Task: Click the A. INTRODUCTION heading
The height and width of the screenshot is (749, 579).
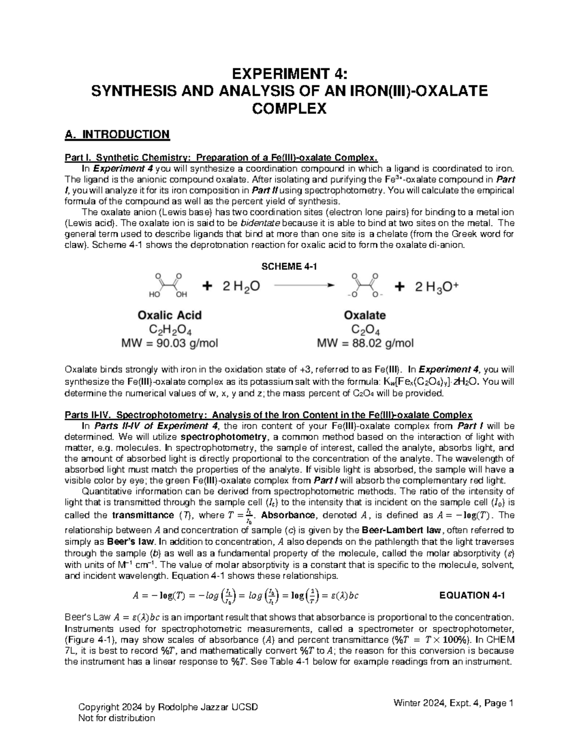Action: [x=117, y=134]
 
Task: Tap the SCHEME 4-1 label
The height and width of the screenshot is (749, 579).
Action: [x=289, y=267]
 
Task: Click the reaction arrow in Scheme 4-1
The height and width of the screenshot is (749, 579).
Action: [x=303, y=286]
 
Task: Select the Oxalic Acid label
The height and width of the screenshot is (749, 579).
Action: [x=169, y=315]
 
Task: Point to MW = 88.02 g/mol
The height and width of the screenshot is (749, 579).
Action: [x=365, y=344]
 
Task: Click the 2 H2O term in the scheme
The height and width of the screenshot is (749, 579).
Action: [x=240, y=286]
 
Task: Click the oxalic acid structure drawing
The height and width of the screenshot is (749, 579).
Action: [x=168, y=285]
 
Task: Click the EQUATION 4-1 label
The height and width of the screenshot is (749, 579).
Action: [x=472, y=595]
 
